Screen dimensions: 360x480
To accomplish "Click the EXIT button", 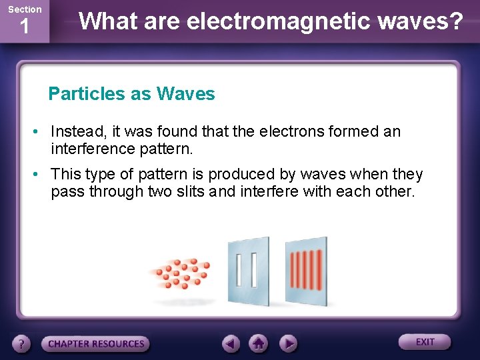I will pyautogui.click(x=425, y=342).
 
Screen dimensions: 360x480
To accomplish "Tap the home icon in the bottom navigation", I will pyautogui.click(x=259, y=343).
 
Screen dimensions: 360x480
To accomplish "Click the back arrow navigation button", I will pyautogui.click(x=231, y=343).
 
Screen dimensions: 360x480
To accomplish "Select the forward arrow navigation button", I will pyautogui.click(x=287, y=343).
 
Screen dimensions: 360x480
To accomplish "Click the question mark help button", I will pyautogui.click(x=22, y=343).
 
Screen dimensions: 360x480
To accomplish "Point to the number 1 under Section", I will pyautogui.click(x=25, y=27).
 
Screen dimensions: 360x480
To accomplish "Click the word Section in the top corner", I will pyautogui.click(x=25, y=9).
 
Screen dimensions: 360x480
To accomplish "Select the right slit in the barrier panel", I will pyautogui.click(x=254, y=269).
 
